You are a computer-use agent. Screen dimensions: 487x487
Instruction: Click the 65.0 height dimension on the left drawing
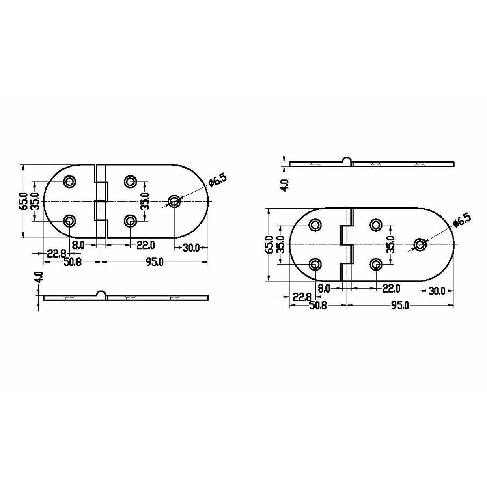pos(25,201)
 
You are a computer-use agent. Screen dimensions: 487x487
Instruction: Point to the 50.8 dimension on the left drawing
pos(73,262)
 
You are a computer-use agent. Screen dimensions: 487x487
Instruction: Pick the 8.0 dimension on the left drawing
pos(78,245)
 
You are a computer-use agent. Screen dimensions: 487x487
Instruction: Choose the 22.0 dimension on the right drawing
pos(391,289)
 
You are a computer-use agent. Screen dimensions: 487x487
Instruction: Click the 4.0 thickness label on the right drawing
pos(284,185)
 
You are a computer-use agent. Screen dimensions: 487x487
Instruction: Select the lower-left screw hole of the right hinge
pos(316,265)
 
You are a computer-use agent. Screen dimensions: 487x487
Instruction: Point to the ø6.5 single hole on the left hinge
pos(175,201)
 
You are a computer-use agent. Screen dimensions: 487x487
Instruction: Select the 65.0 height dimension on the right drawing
pos(269,245)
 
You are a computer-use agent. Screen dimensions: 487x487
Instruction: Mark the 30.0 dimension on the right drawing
pos(436,291)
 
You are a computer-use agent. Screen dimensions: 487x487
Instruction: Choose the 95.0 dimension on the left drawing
pos(154,262)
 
